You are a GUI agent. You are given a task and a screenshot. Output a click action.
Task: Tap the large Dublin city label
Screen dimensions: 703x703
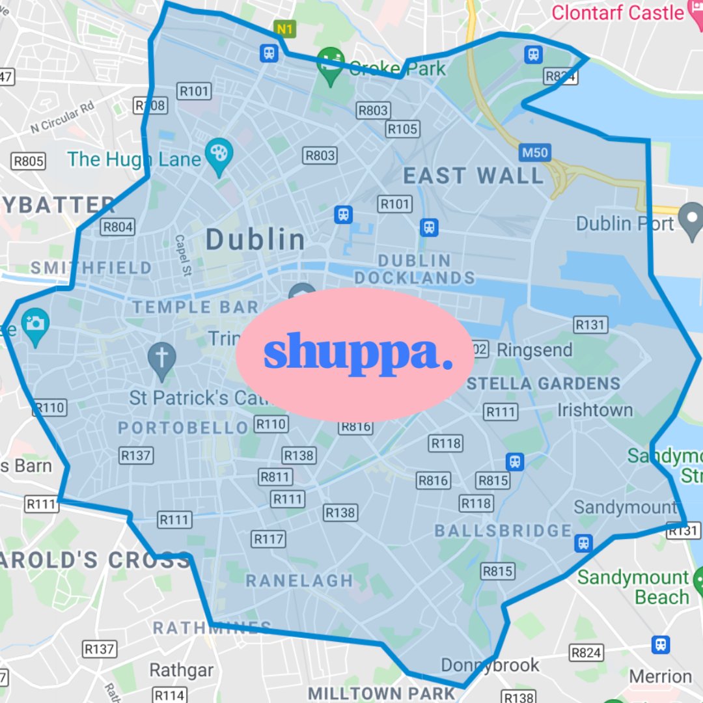[256, 240]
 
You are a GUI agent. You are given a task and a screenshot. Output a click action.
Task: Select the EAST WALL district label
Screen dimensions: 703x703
[473, 176]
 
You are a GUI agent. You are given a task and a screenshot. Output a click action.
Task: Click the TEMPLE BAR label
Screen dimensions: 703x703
[195, 307]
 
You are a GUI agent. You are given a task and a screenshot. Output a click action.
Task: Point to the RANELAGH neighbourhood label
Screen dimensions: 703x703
[299, 580]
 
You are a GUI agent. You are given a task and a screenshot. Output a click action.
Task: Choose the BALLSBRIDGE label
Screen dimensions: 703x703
[503, 531]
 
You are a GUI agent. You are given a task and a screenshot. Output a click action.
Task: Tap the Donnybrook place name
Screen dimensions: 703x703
[490, 665]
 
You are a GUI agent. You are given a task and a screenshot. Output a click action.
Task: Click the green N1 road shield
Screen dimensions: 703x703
[284, 29]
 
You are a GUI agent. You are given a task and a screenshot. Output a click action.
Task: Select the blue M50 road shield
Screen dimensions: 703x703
[535, 154]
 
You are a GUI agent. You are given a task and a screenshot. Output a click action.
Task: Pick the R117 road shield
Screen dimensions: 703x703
[269, 539]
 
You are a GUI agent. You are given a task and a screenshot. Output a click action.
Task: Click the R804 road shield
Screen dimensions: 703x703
[118, 227]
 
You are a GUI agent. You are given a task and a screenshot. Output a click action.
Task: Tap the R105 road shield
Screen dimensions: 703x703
[402, 129]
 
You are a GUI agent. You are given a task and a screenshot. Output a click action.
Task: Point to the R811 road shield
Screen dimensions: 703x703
[275, 477]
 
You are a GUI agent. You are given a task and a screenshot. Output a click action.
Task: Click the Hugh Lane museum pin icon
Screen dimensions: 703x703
[219, 154]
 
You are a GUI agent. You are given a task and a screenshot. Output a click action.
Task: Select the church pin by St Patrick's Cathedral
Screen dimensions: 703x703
[161, 359]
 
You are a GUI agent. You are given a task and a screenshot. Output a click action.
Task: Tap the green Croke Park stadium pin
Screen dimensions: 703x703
[331, 64]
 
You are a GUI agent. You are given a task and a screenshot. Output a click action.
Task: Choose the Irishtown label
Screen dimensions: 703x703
[595, 410]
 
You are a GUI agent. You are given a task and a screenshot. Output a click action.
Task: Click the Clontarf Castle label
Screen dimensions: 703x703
[618, 12]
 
